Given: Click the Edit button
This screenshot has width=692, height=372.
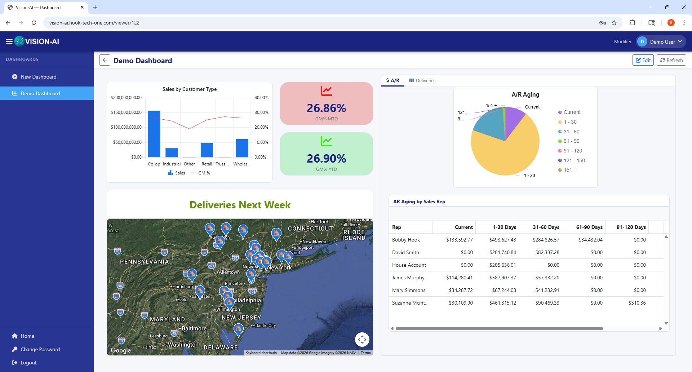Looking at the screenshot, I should coord(643,60).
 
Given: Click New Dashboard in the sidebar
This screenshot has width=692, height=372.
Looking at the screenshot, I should coord(39,77).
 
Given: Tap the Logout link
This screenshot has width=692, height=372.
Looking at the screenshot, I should coord(28,363).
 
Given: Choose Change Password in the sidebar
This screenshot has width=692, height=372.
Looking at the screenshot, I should coord(40,349).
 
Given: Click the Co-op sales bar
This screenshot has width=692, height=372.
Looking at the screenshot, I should coord(154,134).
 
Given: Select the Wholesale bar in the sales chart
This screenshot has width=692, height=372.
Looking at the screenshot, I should coord(242,148).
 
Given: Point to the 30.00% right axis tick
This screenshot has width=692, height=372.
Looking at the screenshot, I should coord(261,112).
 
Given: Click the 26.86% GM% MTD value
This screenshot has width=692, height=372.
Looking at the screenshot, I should coord(326,108).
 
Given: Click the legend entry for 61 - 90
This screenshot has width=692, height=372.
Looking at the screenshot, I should coord(571,141).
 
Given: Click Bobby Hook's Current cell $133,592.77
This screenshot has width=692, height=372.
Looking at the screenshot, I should coord(459,240).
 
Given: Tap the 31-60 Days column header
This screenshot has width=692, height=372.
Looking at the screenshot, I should coord(546,227).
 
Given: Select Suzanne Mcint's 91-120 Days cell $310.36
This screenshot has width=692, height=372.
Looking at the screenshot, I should coord(637,303).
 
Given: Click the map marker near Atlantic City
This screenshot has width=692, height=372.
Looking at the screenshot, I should coord(238,329).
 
